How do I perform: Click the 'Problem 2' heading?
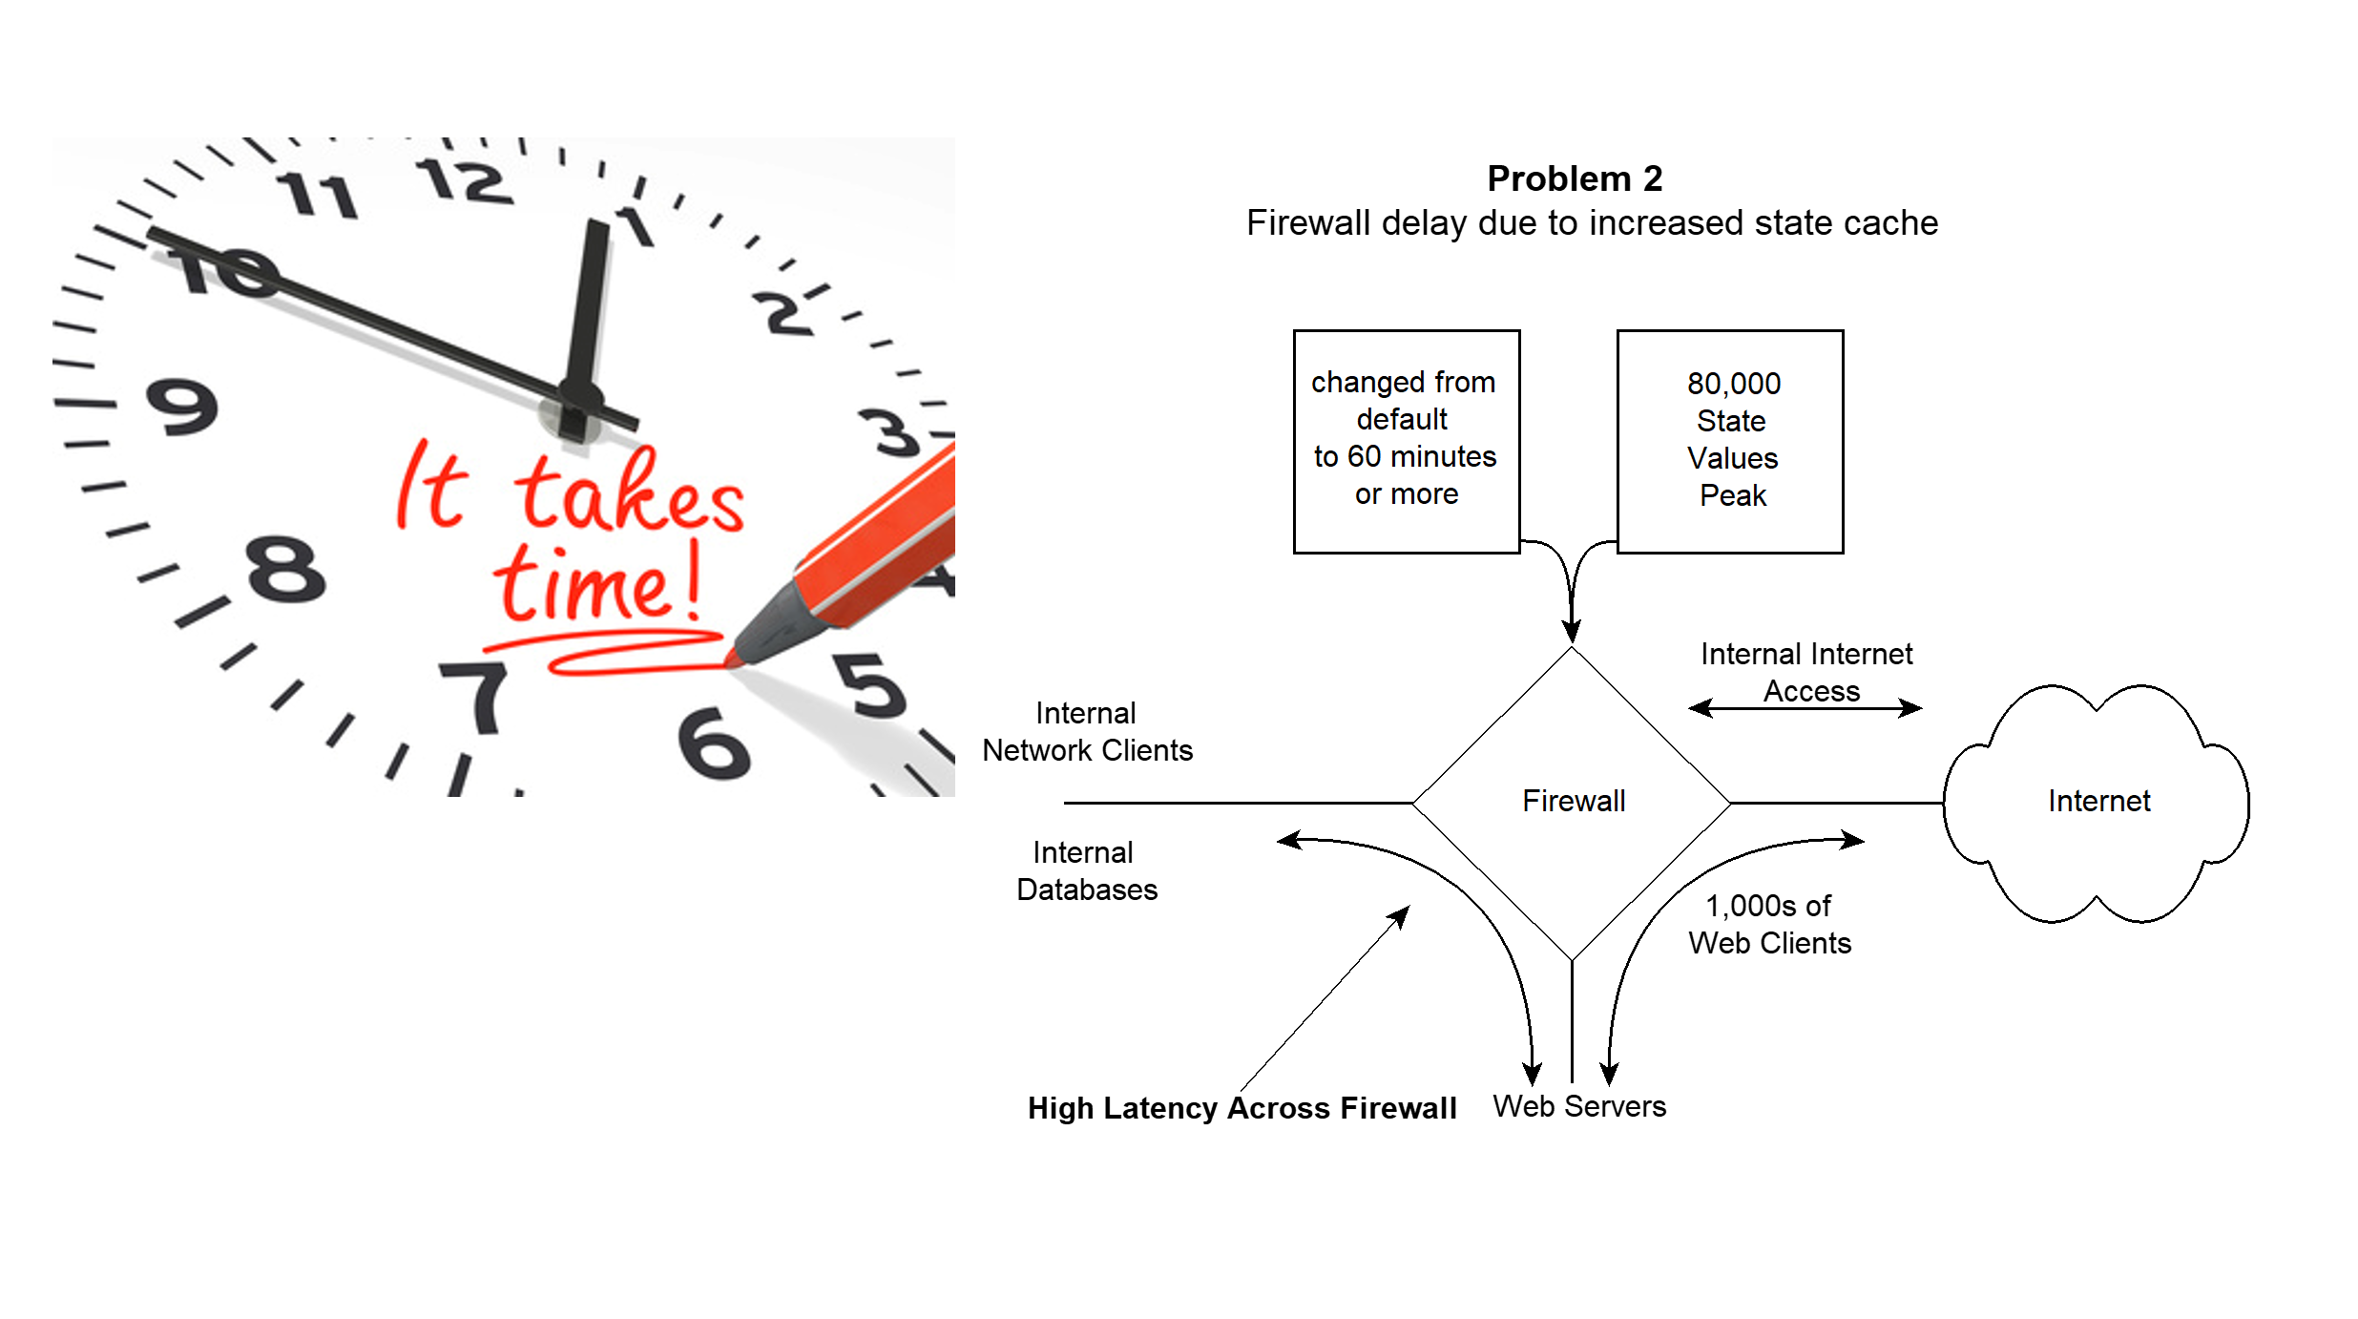1575,178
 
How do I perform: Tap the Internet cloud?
2097,802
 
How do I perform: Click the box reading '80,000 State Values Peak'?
1730,441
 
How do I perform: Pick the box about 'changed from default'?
1406,441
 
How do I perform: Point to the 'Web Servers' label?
1579,1106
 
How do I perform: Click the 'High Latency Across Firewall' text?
1242,1108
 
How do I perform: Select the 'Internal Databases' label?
1086,870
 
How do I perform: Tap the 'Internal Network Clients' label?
1087,731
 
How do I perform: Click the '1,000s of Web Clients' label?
1769,924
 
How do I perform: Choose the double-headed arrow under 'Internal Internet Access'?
1805,708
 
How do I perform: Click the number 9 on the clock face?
181,407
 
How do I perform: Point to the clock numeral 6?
714,743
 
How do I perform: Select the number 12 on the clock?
465,180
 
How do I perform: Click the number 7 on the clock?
477,697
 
